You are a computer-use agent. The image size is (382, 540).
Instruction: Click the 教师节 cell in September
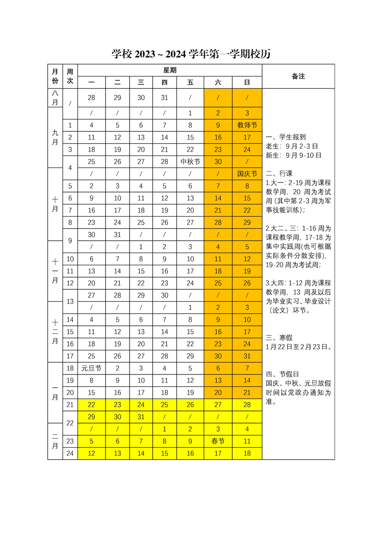point(247,125)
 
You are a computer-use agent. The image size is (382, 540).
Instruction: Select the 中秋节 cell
point(190,162)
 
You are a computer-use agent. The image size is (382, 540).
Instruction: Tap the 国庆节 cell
point(247,174)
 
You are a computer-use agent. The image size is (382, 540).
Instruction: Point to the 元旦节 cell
point(91,368)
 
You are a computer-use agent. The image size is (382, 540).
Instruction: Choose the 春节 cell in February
point(218,441)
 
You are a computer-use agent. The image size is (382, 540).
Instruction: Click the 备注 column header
point(298,76)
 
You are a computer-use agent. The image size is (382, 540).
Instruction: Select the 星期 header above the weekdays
point(170,70)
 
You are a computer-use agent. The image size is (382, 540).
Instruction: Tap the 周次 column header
point(70,76)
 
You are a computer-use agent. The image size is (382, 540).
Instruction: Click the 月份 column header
point(55,76)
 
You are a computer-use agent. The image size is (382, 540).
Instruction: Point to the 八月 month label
point(55,98)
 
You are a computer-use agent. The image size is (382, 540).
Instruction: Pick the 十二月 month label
point(55,332)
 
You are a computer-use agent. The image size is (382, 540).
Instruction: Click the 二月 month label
point(55,441)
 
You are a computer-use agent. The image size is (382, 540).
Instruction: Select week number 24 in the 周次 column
point(70,453)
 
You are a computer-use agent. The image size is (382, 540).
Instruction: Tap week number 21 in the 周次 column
point(70,405)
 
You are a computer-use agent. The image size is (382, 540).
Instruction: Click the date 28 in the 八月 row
point(91,98)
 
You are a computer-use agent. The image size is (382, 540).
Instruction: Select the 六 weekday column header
point(218,82)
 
